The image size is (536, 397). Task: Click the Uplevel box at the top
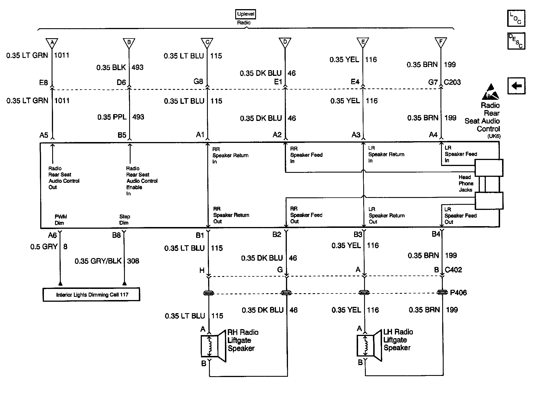245,14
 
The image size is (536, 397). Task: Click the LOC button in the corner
516,18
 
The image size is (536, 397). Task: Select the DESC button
516,41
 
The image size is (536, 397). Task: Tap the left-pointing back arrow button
516,86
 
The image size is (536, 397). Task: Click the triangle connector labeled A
52,43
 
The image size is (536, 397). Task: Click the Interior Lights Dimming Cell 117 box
92,294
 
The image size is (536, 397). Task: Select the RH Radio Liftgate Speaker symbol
213,346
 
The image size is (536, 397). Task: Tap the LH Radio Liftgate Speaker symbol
369,346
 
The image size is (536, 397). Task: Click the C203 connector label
452,82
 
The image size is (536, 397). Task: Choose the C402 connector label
453,270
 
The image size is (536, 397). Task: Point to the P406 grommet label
458,293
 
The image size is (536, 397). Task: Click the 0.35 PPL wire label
112,117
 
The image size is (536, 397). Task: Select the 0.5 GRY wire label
44,247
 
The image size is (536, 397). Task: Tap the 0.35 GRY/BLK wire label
98,261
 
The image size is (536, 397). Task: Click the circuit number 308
133,261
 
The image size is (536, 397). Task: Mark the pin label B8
116,235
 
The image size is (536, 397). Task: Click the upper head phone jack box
489,168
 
